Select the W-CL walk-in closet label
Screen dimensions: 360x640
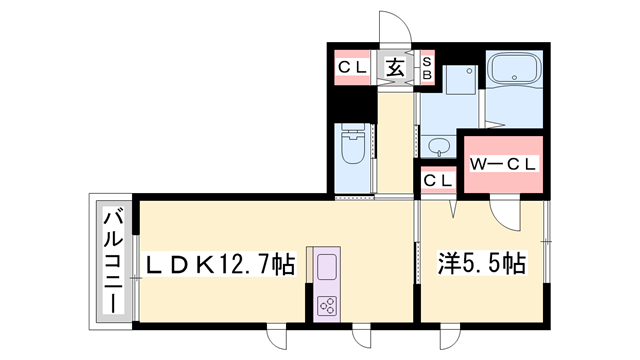[504, 163]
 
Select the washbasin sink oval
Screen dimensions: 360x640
[437, 150]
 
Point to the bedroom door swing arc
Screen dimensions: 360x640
[506, 212]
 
